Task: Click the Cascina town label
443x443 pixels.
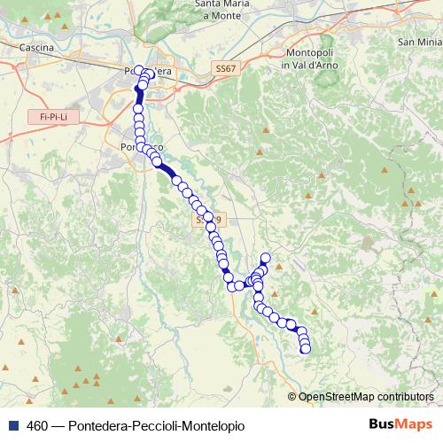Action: pyautogui.click(x=36, y=47)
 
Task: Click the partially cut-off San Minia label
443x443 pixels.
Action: pyautogui.click(x=419, y=42)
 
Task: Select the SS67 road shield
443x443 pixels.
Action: pyautogui.click(x=226, y=68)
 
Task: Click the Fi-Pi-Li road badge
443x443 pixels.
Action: pyautogui.click(x=46, y=116)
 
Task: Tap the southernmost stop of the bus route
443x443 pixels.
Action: pyautogui.click(x=307, y=349)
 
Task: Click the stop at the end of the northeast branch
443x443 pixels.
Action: pyautogui.click(x=264, y=259)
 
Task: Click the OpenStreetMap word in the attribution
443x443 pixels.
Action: pyautogui.click(x=331, y=397)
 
